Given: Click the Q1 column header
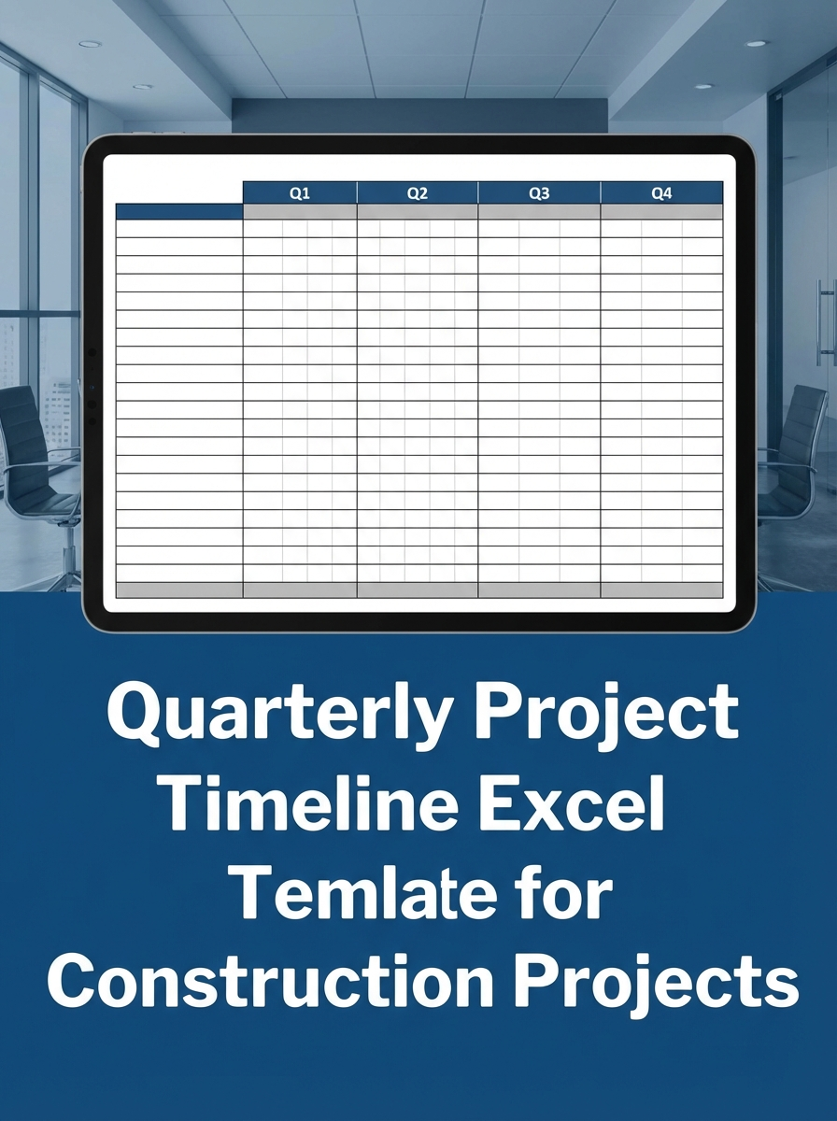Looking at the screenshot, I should (299, 193).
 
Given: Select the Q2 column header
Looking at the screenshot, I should (417, 193).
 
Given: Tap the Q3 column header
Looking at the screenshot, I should (539, 193).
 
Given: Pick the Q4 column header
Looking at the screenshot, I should (661, 193).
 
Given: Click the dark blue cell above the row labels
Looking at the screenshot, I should (178, 211).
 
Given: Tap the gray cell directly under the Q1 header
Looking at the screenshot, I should (299, 211).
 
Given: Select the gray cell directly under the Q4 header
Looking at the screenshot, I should (661, 211).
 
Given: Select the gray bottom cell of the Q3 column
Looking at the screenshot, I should (539, 589).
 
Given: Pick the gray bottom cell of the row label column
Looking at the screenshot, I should (178, 589).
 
